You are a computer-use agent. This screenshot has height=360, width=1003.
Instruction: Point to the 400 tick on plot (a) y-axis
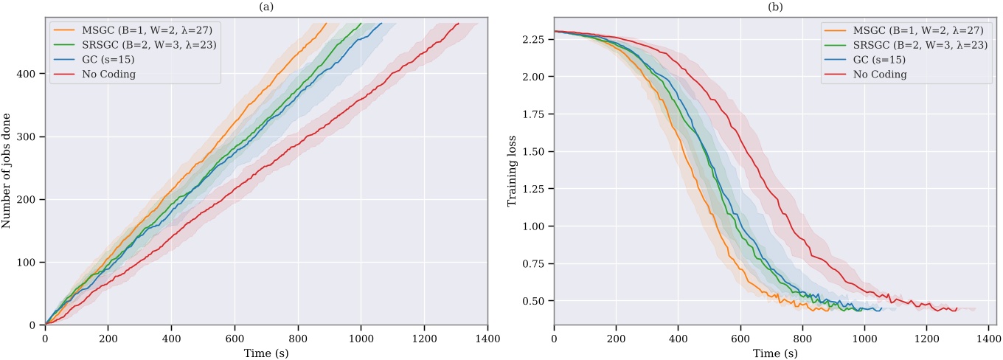pos(30,74)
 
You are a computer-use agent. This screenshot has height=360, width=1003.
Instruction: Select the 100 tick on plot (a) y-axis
pos(30,262)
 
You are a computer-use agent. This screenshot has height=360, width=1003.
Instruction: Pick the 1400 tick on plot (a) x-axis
pos(487,338)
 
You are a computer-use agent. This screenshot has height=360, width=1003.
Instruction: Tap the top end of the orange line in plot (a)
pos(325,23)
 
